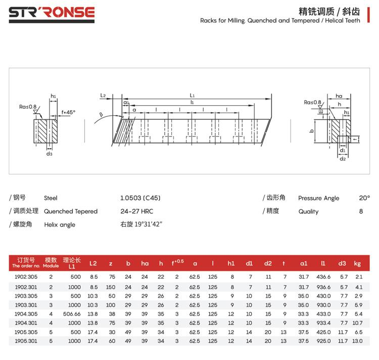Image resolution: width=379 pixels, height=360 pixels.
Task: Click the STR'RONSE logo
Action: [x=52, y=15]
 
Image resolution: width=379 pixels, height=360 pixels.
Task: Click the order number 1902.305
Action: [x=26, y=277]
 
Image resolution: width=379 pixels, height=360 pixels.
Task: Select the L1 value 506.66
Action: [x=72, y=314]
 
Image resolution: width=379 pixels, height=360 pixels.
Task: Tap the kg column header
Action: [x=357, y=263]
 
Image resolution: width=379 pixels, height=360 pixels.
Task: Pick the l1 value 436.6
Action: [x=323, y=277]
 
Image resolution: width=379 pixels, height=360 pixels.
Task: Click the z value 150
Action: [x=111, y=287]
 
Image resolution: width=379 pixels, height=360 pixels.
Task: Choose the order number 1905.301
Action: [x=26, y=341]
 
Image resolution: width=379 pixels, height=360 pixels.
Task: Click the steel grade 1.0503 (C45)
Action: [x=140, y=198]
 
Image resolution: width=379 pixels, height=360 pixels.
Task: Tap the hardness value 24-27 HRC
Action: [x=137, y=211]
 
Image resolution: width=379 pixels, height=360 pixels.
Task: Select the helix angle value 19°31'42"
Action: [x=148, y=224]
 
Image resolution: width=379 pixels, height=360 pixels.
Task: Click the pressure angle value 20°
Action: [x=364, y=198]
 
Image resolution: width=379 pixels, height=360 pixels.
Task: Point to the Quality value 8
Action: [x=361, y=211]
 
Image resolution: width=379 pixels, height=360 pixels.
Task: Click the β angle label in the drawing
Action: [x=101, y=115]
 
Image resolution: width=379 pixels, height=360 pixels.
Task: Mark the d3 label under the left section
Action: [x=50, y=154]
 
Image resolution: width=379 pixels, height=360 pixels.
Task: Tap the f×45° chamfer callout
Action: [x=68, y=112]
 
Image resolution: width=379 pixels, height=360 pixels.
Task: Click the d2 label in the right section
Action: [x=343, y=159]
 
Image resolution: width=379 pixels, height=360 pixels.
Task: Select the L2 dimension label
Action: [x=103, y=95]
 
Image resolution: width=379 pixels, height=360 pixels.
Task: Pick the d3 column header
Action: [x=342, y=263]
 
